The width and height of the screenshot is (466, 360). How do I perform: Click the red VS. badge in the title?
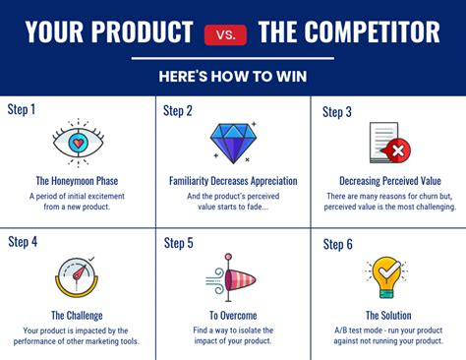click(225, 35)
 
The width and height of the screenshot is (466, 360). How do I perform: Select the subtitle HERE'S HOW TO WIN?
click(232, 77)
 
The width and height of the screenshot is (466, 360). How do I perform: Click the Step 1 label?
click(22, 109)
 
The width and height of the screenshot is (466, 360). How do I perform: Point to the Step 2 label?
click(178, 110)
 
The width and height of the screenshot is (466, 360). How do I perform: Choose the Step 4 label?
click(23, 242)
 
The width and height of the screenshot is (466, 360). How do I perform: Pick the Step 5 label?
click(178, 242)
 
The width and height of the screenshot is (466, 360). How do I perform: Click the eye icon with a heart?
click(78, 143)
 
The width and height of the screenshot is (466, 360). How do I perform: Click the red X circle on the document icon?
click(399, 150)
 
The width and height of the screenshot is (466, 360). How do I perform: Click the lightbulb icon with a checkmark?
click(386, 277)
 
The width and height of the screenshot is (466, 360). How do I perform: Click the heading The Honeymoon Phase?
click(78, 180)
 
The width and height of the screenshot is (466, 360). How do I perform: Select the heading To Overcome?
click(233, 315)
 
